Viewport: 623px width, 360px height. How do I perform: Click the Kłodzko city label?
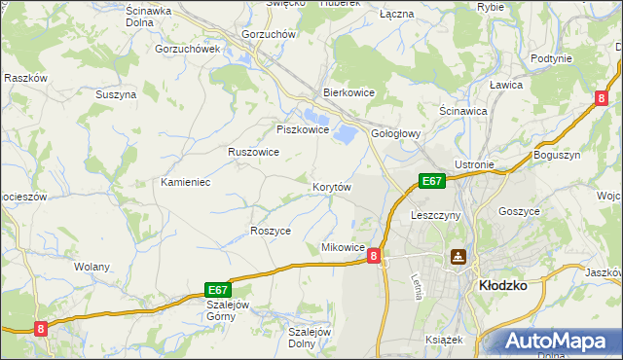(503, 286)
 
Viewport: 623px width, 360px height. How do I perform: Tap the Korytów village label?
(331, 186)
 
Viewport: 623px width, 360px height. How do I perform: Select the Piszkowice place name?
(303, 129)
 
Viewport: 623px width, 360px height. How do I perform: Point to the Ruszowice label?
(253, 152)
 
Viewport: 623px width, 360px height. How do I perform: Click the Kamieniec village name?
(186, 183)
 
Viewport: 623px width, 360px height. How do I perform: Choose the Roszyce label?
(272, 231)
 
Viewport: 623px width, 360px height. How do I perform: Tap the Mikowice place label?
(343, 248)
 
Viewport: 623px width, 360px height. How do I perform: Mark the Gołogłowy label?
(396, 135)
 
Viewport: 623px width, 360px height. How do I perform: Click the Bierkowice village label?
(349, 93)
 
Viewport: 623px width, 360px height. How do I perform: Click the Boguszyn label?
(557, 155)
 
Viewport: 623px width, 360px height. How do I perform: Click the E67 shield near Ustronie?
(432, 181)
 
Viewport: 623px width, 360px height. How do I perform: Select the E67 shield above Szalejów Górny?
(219, 289)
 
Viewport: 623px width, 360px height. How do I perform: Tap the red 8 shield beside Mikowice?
(374, 254)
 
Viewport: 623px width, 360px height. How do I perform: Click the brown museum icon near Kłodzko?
(458, 257)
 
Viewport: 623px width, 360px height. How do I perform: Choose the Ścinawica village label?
(463, 111)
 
